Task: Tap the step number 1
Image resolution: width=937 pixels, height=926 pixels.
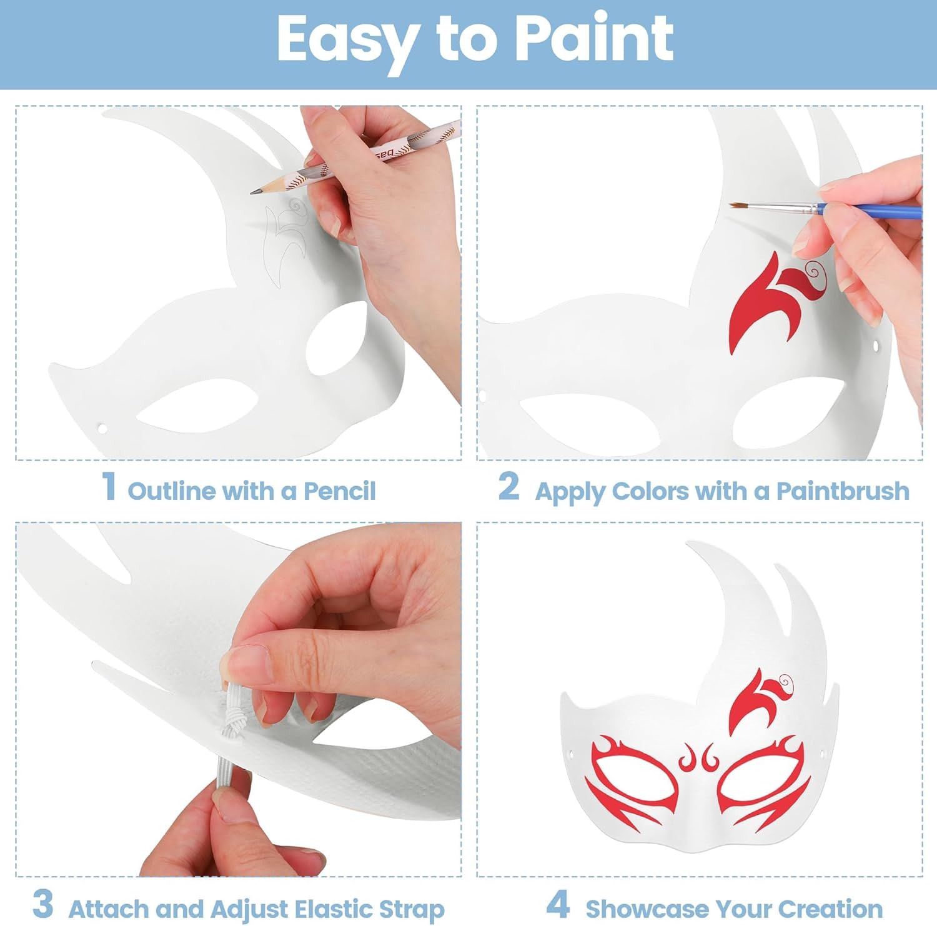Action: [x=109, y=485]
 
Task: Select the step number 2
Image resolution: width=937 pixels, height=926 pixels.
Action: [x=509, y=485]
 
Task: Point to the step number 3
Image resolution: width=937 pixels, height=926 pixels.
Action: [x=43, y=904]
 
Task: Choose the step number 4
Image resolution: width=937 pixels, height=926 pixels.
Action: [x=558, y=904]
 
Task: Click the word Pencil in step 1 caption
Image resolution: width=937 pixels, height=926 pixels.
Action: [x=340, y=491]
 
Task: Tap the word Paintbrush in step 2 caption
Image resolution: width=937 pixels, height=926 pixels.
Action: [x=843, y=491]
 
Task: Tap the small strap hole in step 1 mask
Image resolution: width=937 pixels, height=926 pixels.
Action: [x=102, y=429]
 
